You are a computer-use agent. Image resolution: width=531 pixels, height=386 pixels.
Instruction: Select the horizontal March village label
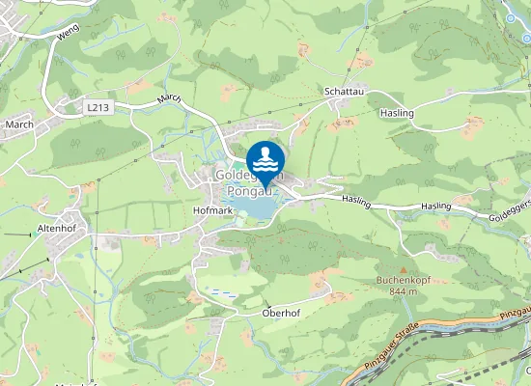click(19, 124)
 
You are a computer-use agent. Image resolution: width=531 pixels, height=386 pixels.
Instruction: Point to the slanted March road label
click(169, 100)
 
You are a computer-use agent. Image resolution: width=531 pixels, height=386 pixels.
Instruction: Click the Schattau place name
click(343, 93)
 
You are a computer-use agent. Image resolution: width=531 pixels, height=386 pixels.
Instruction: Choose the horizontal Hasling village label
click(398, 113)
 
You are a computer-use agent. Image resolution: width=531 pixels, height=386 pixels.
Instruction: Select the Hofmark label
click(213, 209)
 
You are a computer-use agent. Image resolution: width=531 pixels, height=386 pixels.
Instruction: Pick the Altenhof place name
click(56, 228)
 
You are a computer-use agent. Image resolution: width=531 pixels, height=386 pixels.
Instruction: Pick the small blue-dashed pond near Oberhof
click(222, 290)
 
